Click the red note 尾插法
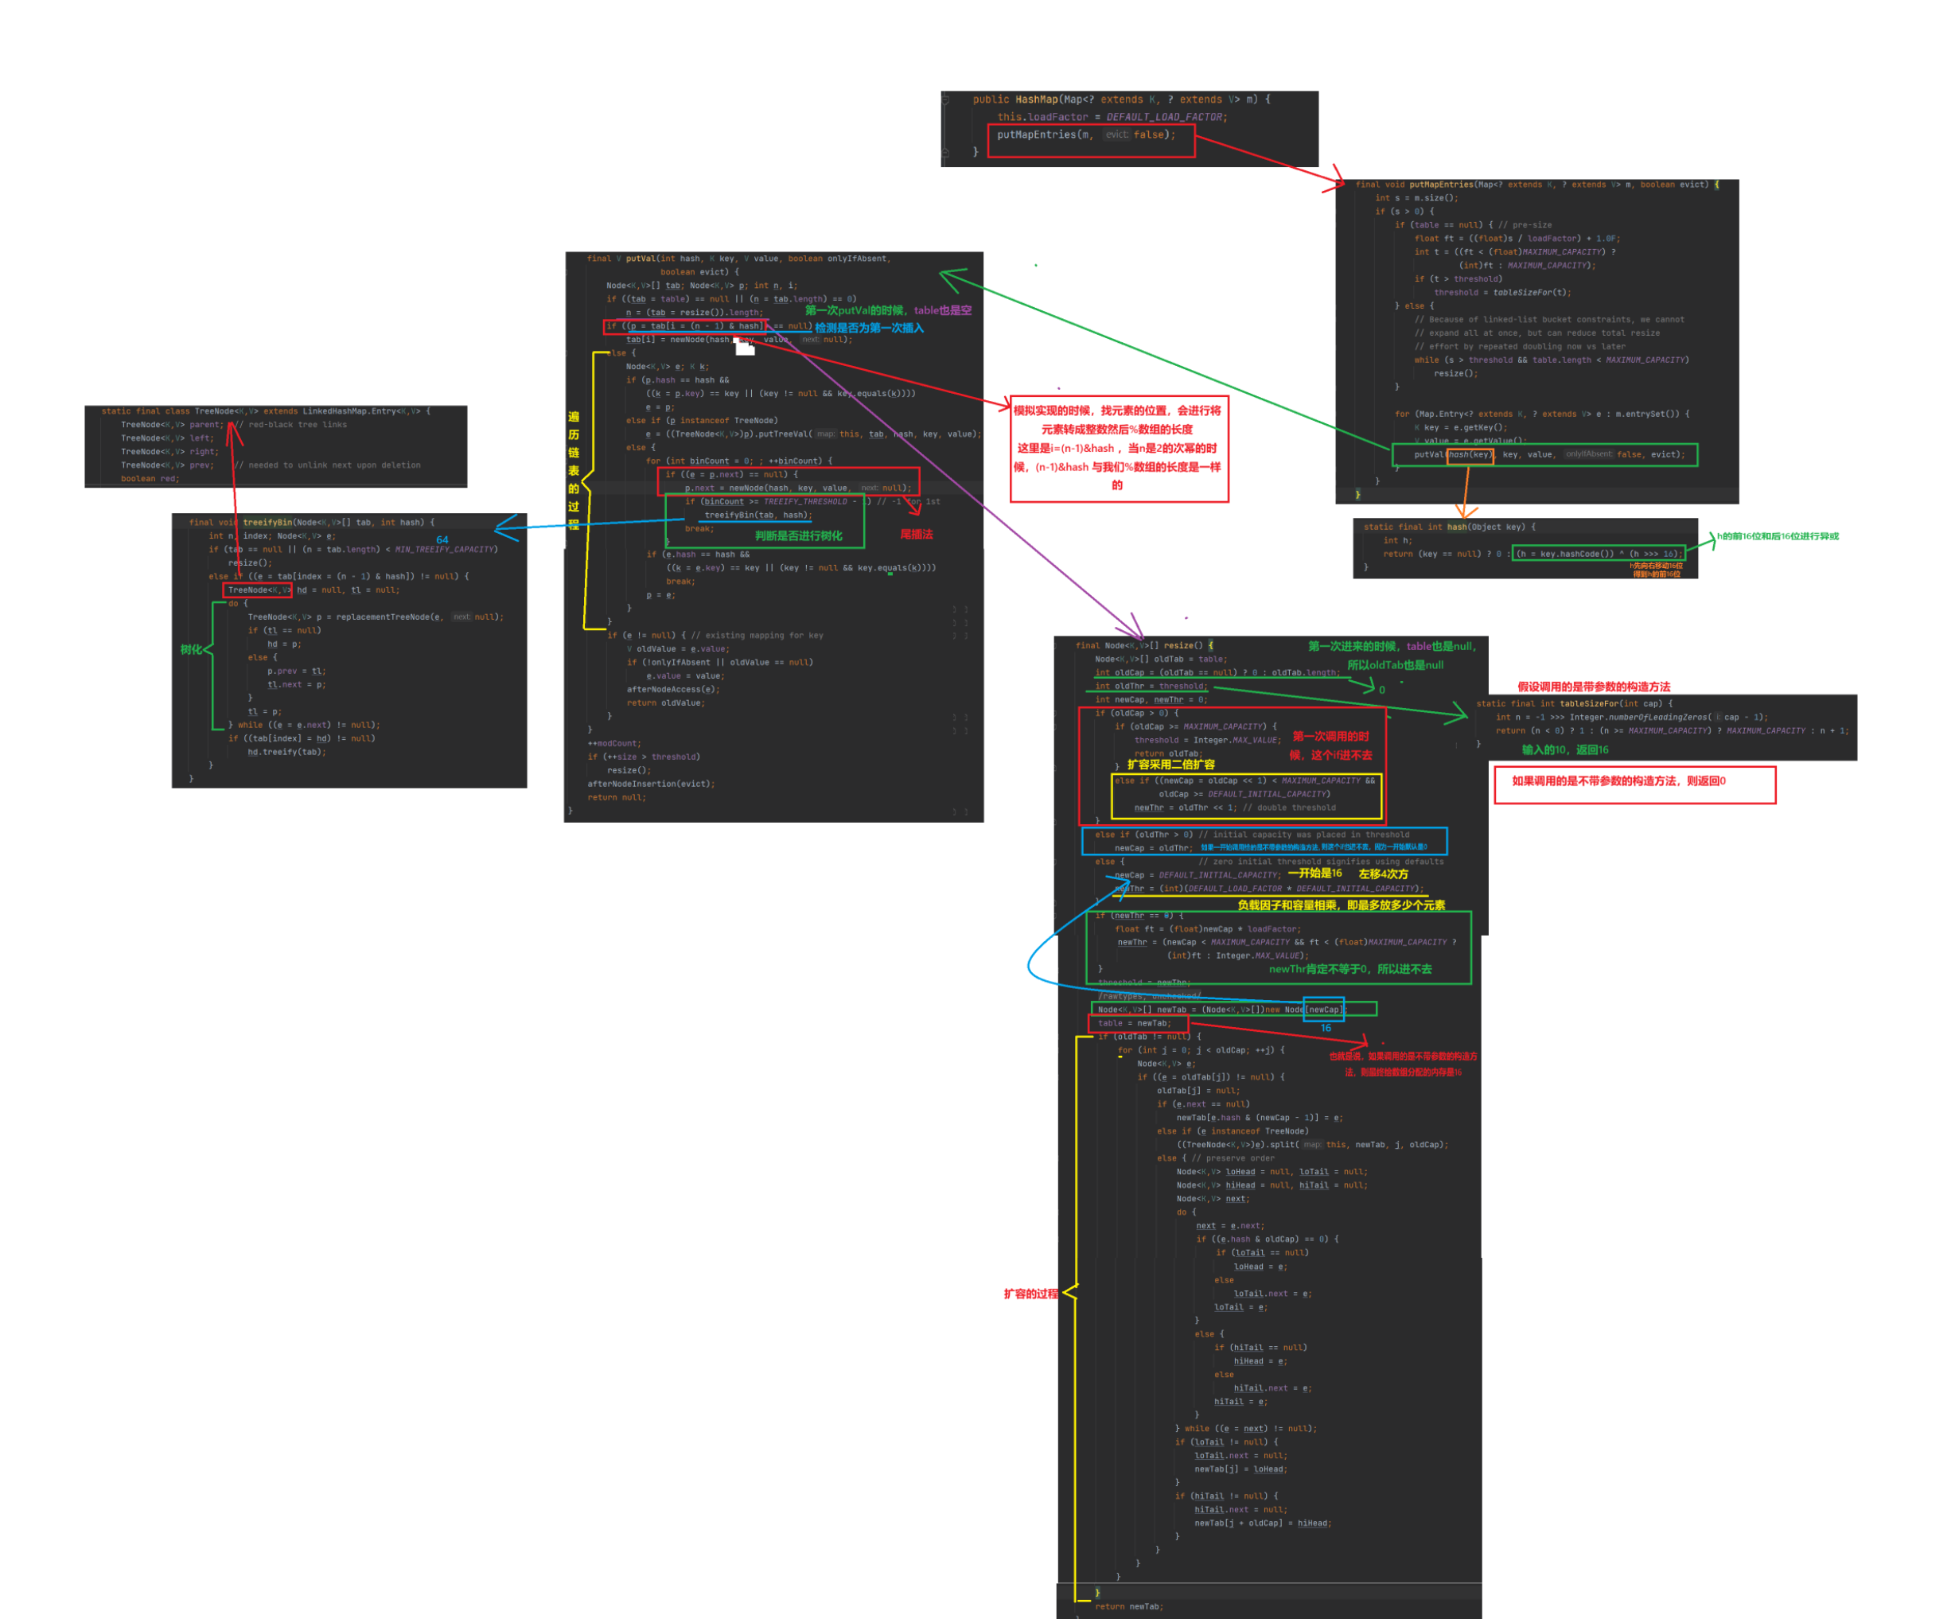[x=916, y=535]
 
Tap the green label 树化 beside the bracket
[x=191, y=649]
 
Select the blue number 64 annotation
[x=442, y=540]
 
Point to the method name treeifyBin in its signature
[x=267, y=522]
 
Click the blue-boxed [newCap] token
[x=1323, y=1010]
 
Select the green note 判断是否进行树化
[x=798, y=535]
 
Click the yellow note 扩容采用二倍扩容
[x=1170, y=765]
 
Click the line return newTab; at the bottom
[x=1128, y=1606]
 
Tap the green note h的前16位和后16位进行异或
[x=1778, y=536]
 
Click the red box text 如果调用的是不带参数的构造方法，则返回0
[x=1618, y=781]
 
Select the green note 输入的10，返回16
[x=1564, y=749]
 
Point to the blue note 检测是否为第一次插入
[x=869, y=328]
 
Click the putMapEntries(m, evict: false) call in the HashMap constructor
[x=1085, y=135]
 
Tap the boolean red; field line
[x=149, y=478]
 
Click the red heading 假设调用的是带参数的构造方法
[x=1593, y=686]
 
